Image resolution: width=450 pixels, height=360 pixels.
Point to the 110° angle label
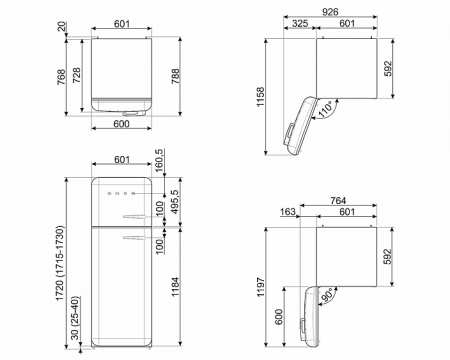pyautogui.click(x=326, y=110)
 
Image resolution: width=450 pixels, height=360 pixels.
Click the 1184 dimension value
pyautogui.click(x=178, y=283)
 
